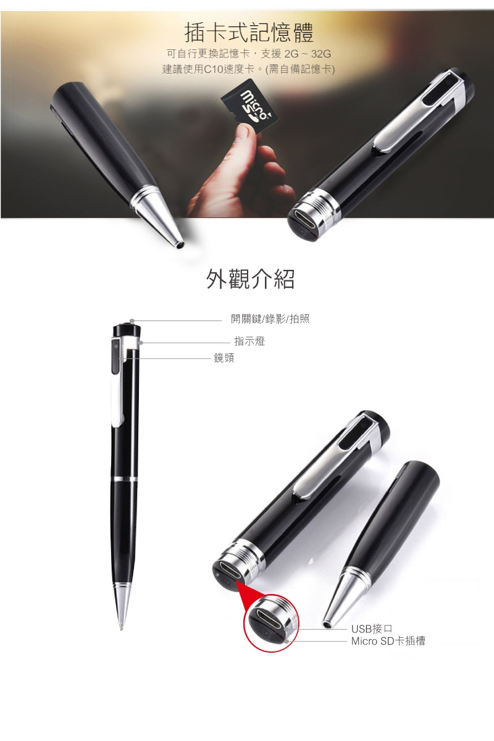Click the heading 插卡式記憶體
(x=249, y=31)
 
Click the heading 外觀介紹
(x=249, y=279)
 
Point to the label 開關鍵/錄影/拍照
(x=270, y=319)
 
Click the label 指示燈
(x=249, y=341)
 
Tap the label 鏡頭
(x=224, y=358)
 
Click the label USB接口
(x=372, y=629)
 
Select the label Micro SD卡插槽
(x=388, y=642)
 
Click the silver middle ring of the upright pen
(x=125, y=479)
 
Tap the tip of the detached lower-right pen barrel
(x=325, y=621)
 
